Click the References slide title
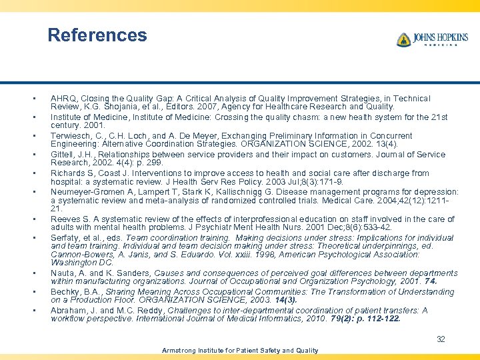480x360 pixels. (x=97, y=35)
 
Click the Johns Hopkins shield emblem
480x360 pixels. (x=403, y=40)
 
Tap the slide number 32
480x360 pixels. (x=441, y=339)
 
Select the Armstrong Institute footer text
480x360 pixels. (x=240, y=350)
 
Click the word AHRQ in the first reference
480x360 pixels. (x=63, y=99)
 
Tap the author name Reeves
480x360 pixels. (x=65, y=219)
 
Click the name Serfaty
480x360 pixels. (x=65, y=238)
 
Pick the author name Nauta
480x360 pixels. (x=63, y=273)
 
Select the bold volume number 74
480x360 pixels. (x=431, y=281)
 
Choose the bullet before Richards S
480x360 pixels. (x=33, y=173)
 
